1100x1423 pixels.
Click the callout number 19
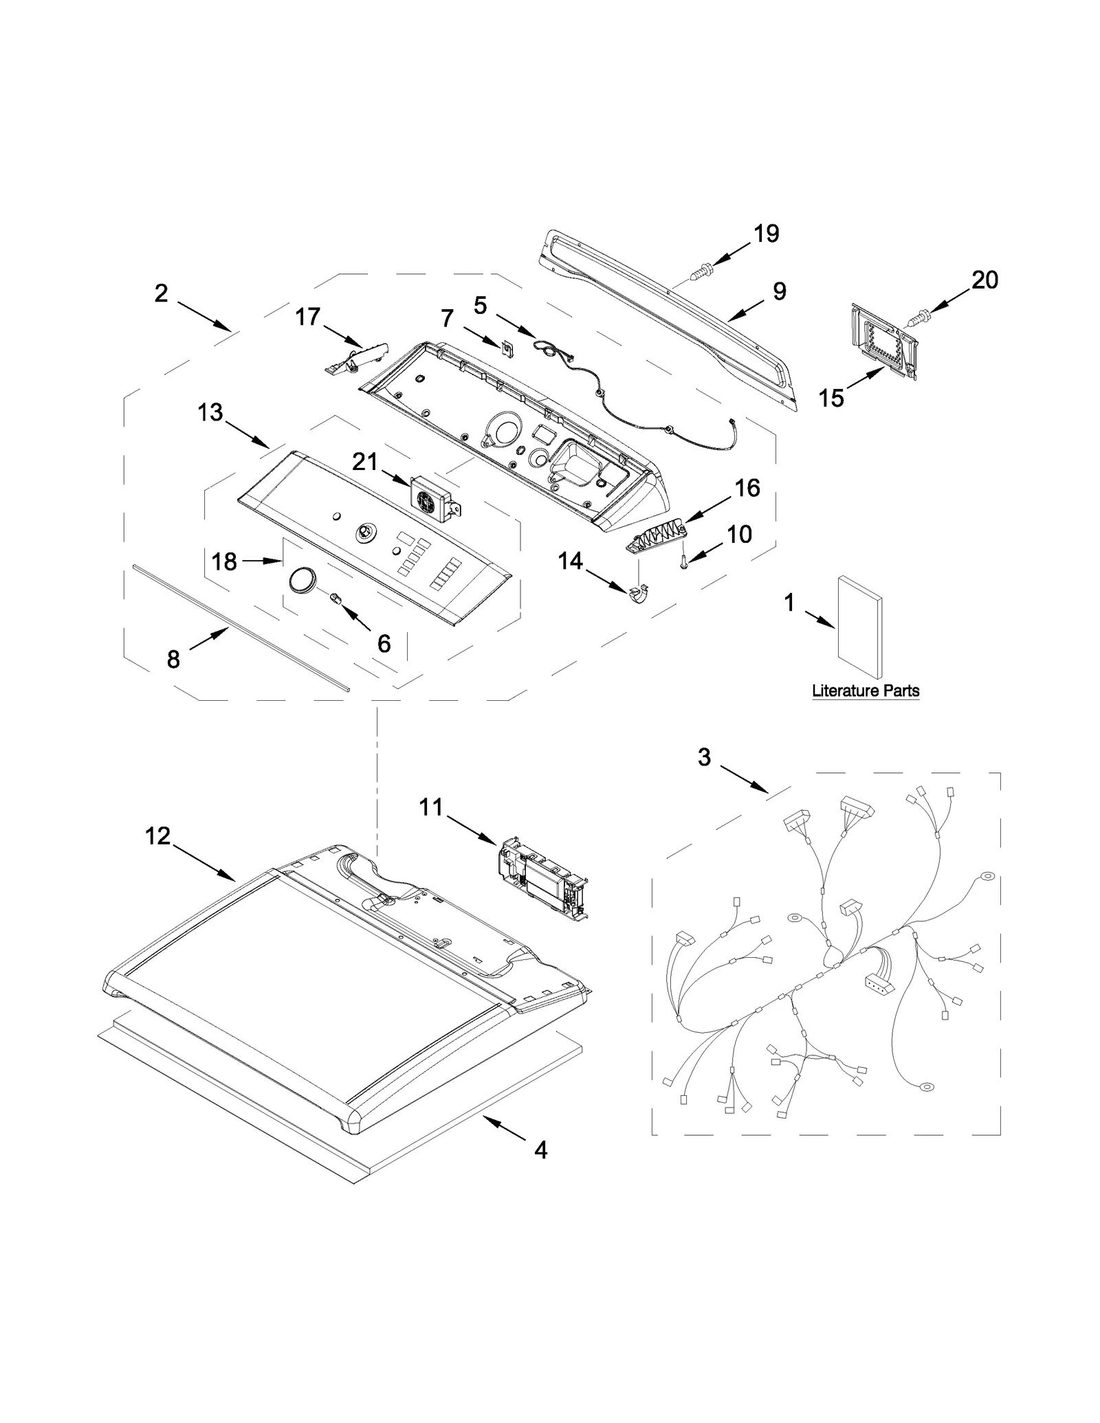[766, 234]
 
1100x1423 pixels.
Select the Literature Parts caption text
[865, 691]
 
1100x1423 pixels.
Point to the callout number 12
[157, 836]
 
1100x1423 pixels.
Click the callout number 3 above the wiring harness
[704, 757]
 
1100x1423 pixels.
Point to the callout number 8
[173, 660]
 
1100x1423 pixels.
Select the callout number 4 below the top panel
[541, 1150]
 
